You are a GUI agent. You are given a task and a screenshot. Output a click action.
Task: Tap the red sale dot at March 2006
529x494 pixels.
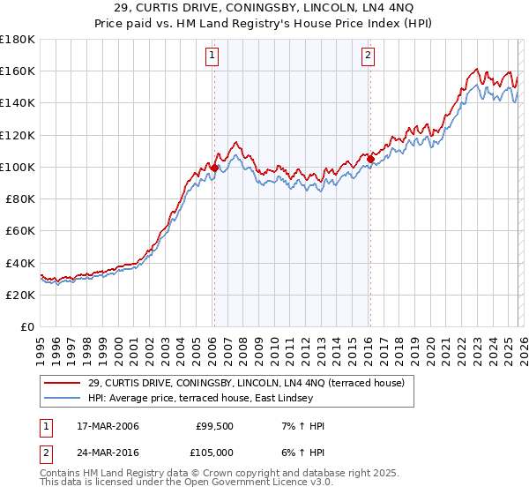pos(214,167)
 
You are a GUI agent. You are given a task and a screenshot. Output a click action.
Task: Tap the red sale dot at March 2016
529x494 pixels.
pos(369,159)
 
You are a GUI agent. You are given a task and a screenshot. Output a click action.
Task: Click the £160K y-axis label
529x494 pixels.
pos(18,71)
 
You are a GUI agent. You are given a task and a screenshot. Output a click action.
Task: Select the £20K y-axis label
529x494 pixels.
pos(20,296)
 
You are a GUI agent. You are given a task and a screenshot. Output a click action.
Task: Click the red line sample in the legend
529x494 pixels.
pos(63,383)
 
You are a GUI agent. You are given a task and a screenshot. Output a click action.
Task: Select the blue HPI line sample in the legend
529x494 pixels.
pos(63,399)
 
